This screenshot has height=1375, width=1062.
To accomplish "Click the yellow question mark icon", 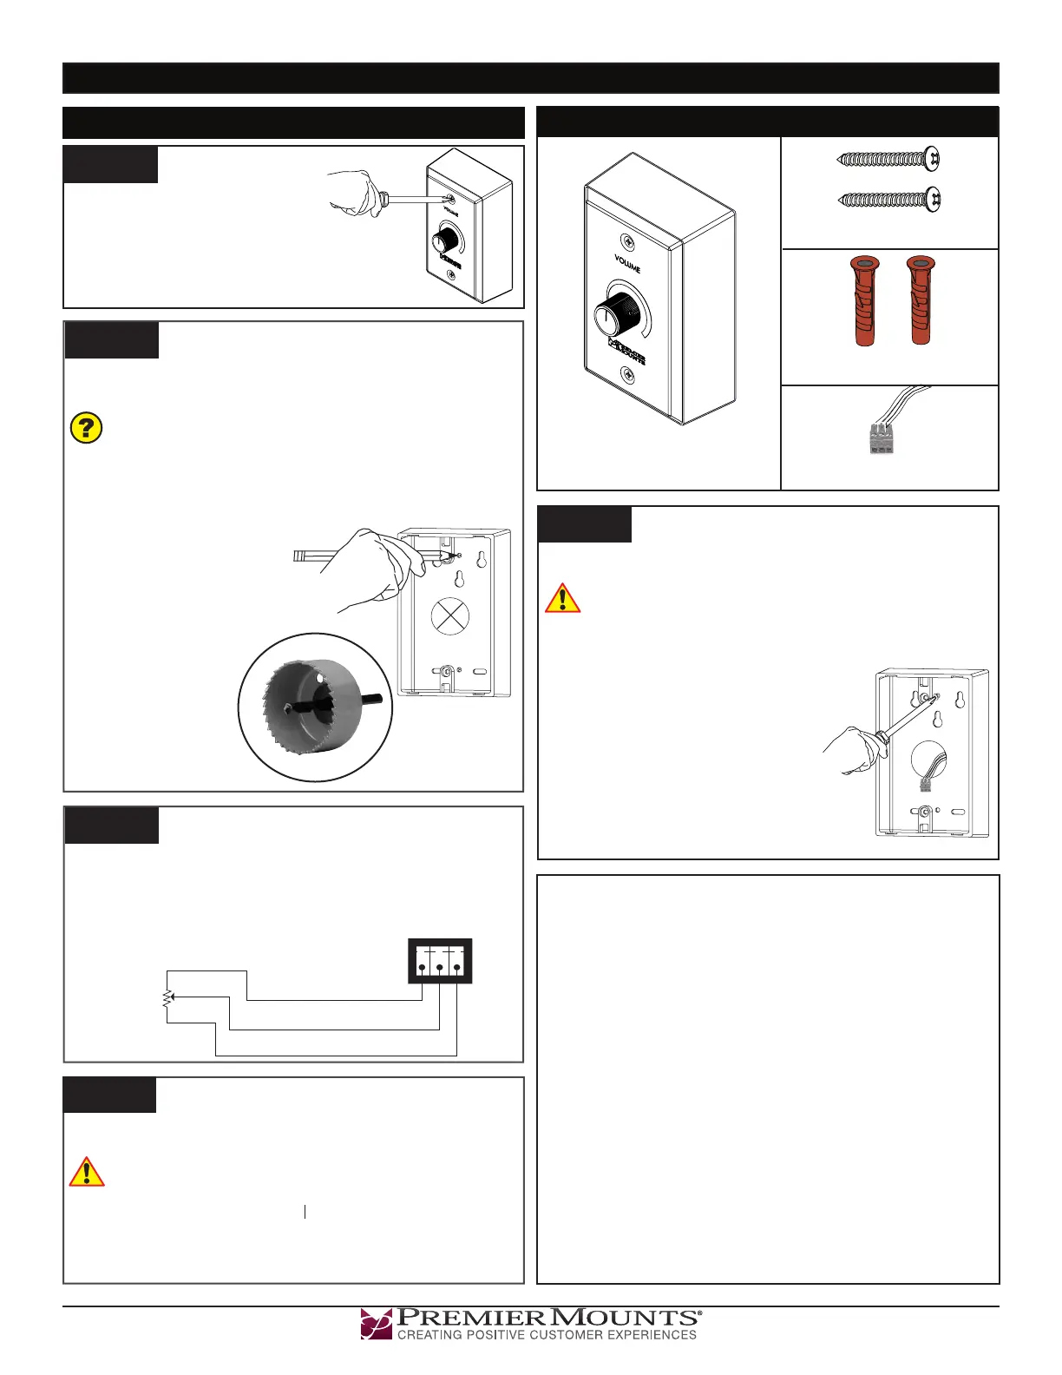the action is (x=86, y=428).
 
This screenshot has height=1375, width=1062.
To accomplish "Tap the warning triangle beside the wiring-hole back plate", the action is (x=563, y=599).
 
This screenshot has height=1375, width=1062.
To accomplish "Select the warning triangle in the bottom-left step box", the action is (x=87, y=1172).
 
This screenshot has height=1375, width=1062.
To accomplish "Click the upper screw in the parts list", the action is (x=888, y=159).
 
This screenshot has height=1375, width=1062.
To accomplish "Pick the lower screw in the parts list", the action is (x=888, y=200).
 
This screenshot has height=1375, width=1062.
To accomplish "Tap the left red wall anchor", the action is (x=864, y=301).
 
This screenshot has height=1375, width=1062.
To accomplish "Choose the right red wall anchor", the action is (x=920, y=301).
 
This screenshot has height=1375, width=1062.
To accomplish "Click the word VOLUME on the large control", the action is (x=627, y=263).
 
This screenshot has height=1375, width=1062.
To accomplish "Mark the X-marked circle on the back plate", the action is (x=450, y=617).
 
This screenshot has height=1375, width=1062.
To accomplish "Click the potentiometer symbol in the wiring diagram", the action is (x=167, y=998).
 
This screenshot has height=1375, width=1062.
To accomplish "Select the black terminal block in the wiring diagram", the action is (x=440, y=961).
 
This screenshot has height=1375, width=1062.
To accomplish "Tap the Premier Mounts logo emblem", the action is (x=377, y=1324).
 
